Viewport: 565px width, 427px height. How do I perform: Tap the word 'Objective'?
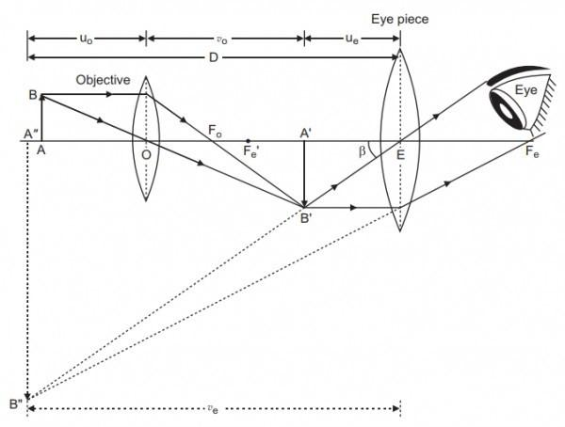click(103, 80)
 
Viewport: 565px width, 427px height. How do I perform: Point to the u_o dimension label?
click(86, 29)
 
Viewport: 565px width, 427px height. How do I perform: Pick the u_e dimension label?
click(351, 29)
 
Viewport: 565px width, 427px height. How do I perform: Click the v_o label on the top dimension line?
click(224, 29)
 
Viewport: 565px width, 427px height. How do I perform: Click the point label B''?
click(16, 404)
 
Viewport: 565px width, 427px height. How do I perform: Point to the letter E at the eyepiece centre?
click(400, 156)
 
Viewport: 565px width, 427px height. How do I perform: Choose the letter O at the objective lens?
click(146, 156)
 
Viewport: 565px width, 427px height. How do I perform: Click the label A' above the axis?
click(306, 134)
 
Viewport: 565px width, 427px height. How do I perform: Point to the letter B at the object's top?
click(32, 95)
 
